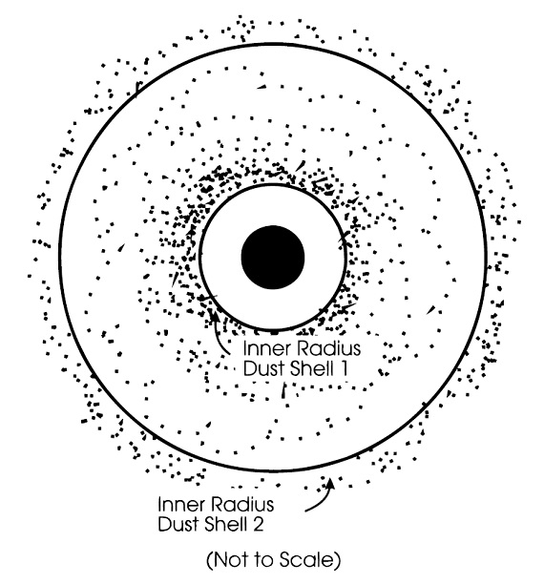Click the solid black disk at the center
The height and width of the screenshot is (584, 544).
[x=273, y=257]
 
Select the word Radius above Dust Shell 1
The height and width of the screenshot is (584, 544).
[x=328, y=348]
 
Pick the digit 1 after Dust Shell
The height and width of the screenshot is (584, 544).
[x=344, y=368]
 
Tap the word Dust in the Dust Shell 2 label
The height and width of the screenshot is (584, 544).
[x=177, y=524]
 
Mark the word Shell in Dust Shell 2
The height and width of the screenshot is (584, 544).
[x=225, y=524]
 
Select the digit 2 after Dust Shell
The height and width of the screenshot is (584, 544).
[x=259, y=524]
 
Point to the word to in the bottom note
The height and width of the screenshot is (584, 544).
[x=263, y=560]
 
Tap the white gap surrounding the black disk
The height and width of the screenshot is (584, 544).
[x=220, y=257]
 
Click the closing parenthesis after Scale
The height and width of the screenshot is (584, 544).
[x=337, y=560]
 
